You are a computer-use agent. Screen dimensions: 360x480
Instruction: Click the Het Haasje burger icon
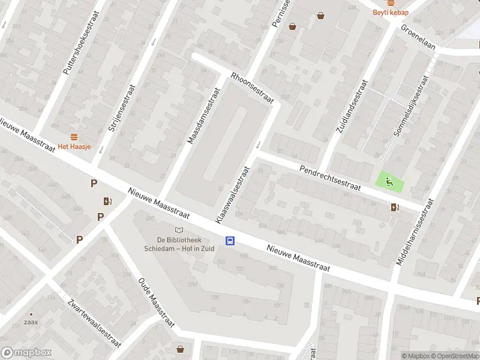74,136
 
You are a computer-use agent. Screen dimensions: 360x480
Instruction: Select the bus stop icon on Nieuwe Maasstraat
230,241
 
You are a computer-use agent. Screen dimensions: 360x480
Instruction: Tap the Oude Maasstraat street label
156,302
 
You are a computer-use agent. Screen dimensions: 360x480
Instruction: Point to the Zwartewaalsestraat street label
94,323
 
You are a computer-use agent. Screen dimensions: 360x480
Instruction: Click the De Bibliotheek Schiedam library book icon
178,230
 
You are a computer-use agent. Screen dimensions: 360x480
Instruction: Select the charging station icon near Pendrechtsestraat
394,208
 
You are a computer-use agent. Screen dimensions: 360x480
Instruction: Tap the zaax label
31,322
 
